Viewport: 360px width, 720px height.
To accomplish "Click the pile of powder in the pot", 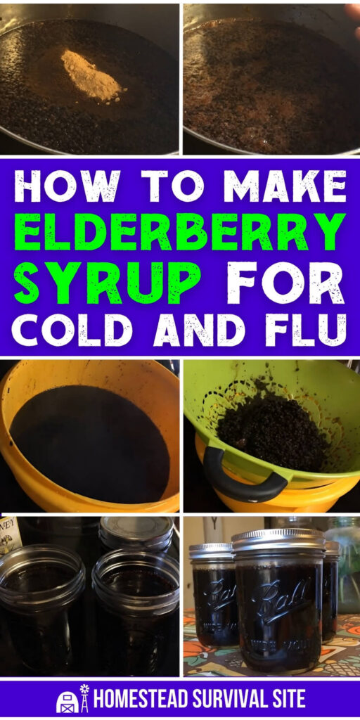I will pos(91,75).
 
